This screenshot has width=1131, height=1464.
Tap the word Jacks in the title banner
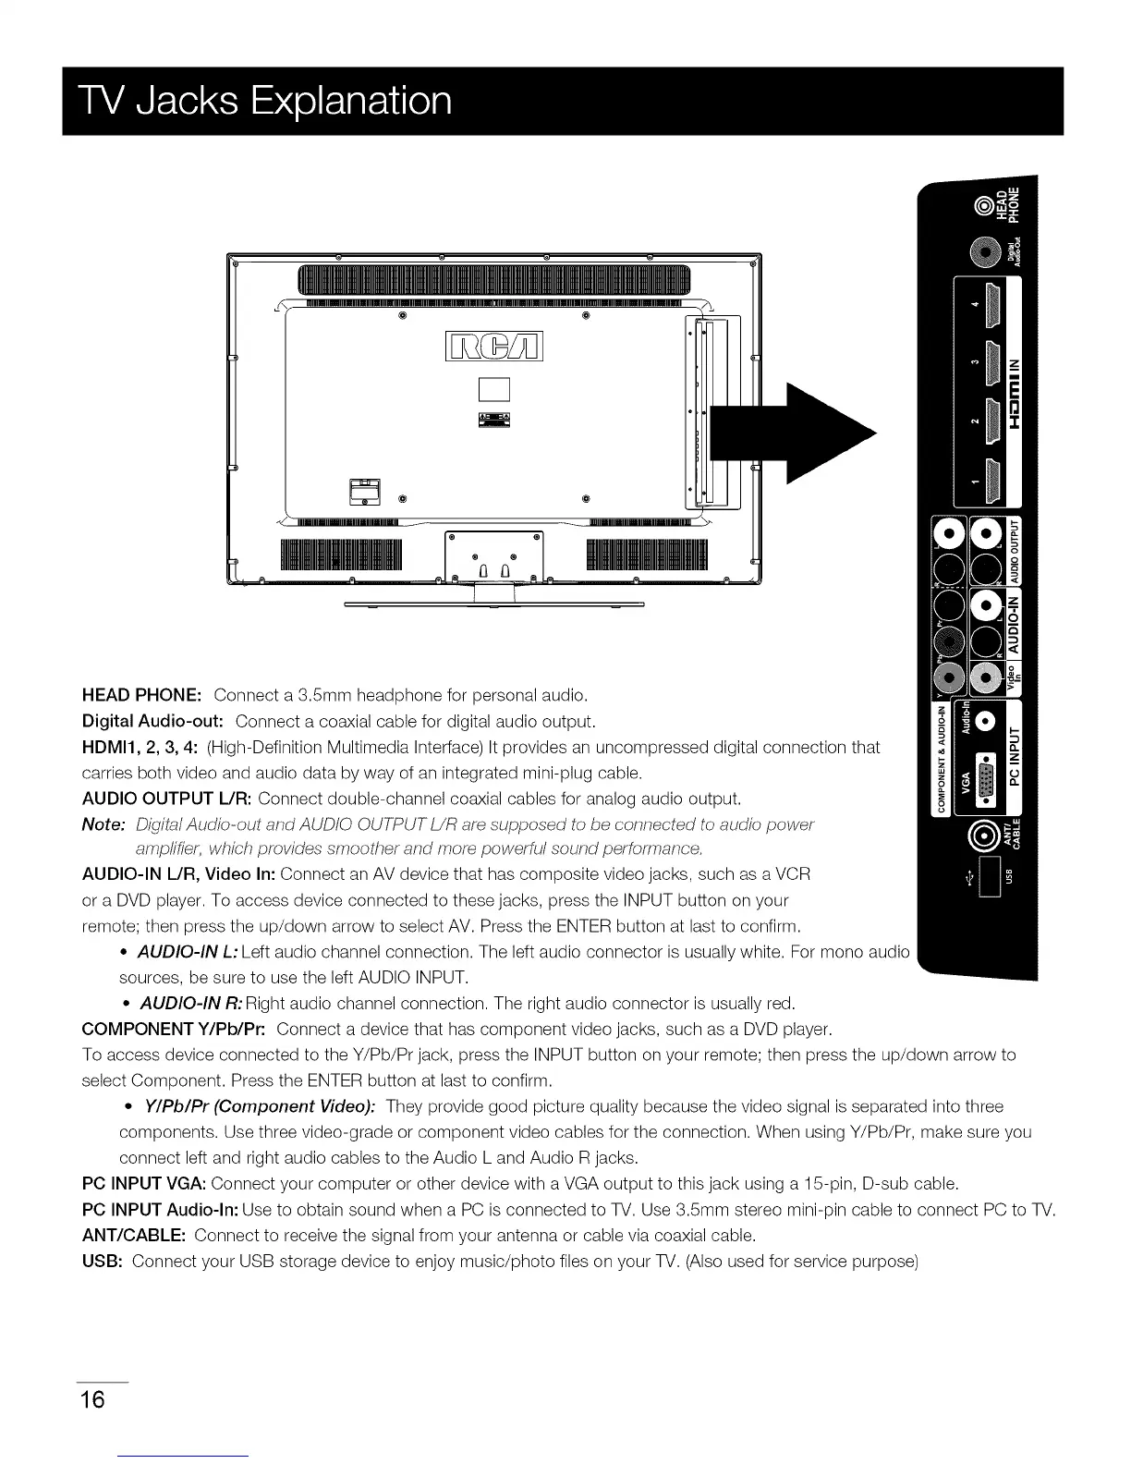[192, 101]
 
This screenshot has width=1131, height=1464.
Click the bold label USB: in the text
[103, 1261]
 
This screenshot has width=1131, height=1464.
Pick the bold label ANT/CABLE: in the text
[135, 1235]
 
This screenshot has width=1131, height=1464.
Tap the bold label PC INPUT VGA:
[145, 1183]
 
